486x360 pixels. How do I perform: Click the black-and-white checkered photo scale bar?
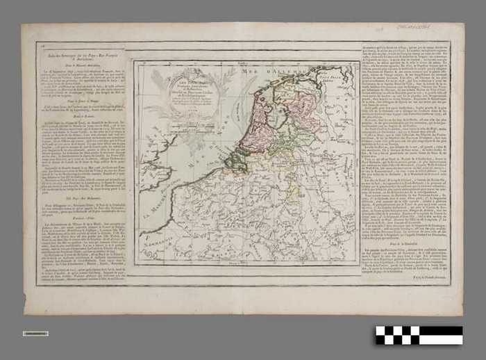point(419,335)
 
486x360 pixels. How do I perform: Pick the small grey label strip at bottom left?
point(35,334)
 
